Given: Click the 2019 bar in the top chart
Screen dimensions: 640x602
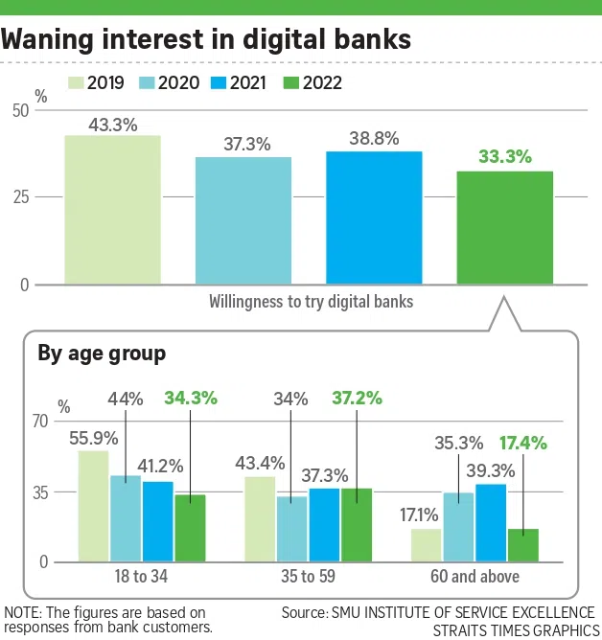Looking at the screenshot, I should (x=112, y=210).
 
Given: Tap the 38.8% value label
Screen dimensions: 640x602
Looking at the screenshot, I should (x=374, y=138).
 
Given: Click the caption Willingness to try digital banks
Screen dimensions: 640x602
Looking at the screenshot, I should (x=312, y=301).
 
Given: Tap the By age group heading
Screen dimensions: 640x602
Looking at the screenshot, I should (x=102, y=354).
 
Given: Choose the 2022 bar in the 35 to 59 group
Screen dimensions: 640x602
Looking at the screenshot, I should (x=357, y=524).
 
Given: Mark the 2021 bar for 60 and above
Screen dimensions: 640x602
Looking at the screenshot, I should (x=491, y=522).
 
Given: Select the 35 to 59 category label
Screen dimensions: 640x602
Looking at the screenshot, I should (x=309, y=577).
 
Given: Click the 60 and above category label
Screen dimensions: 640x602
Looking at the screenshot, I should (x=476, y=577).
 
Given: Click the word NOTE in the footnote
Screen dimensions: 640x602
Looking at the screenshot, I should (x=21, y=612).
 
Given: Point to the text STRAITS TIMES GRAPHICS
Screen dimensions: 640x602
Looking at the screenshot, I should (x=515, y=629).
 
